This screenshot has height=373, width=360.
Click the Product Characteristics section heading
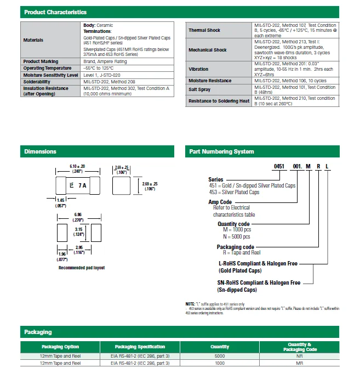55,12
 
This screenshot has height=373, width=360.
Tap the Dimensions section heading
40,151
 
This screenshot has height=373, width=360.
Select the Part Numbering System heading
221,151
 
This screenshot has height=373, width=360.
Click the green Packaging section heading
38,332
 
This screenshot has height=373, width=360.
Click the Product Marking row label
41,61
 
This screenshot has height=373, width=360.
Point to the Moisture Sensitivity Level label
51,75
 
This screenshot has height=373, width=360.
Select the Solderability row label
37,82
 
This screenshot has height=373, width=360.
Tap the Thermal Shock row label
204,30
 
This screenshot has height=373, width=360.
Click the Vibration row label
198,69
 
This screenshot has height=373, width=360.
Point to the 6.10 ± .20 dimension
77,166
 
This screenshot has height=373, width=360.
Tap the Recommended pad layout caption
82,268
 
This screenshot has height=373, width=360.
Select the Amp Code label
220,202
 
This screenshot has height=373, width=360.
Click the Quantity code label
233,224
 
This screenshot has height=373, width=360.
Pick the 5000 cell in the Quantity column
220,355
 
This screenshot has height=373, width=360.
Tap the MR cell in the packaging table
300,363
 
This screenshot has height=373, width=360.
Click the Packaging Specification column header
140,347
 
